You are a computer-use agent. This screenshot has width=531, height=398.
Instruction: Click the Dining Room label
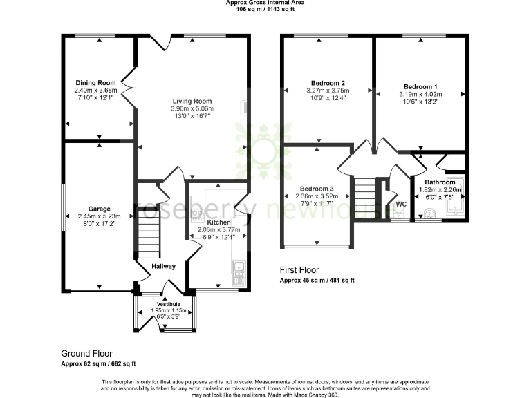click(97, 83)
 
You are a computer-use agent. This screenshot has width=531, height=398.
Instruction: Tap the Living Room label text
click(192, 101)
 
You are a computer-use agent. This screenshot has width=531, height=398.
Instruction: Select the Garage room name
click(99, 209)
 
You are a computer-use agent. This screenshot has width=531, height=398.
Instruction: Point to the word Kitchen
click(219, 222)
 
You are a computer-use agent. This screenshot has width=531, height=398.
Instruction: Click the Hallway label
click(164, 266)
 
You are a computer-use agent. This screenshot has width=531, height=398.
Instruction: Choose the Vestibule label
click(169, 304)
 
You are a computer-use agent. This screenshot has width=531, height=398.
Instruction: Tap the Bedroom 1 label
click(420, 86)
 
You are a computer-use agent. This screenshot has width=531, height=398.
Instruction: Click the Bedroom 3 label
click(317, 189)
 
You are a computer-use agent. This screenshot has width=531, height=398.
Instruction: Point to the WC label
click(400, 204)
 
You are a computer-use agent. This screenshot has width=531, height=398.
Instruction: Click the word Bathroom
click(440, 182)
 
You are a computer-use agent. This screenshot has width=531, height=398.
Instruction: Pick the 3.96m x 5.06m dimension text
click(192, 108)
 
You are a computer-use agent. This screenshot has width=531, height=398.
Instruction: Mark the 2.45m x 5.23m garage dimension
click(99, 216)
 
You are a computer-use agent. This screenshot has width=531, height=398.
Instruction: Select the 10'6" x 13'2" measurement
click(420, 102)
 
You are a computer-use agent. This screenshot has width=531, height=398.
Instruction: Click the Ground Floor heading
click(86, 353)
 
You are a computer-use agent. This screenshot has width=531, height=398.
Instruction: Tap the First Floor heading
click(299, 270)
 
